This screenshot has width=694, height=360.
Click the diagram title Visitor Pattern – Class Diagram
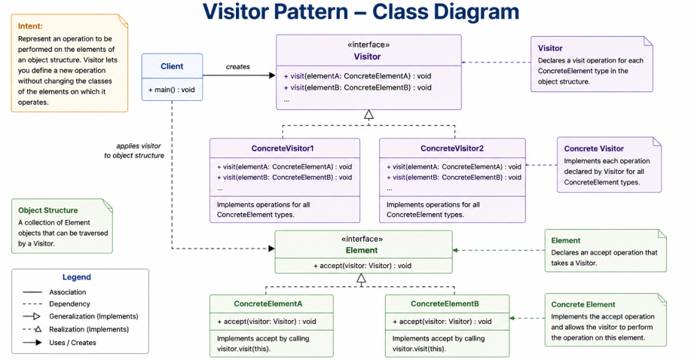click(361, 11)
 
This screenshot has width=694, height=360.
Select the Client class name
click(172, 66)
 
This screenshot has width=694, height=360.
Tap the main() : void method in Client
click(171, 90)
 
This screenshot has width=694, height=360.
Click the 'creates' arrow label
click(237, 67)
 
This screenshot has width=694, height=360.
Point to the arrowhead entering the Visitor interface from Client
click(272, 75)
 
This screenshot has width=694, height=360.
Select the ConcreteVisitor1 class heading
click(283, 148)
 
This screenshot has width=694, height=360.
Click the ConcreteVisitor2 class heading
click(452, 148)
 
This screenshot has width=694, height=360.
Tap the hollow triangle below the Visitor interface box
click(368, 115)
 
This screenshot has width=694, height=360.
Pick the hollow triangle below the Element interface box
click(361, 279)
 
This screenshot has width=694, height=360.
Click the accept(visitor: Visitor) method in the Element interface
click(362, 266)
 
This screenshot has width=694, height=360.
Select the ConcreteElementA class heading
click(268, 304)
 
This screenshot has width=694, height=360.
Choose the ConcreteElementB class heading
click(445, 304)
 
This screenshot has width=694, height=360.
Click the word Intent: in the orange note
click(30, 26)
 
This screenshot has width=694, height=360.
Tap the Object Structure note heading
click(47, 211)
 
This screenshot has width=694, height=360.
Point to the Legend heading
click(77, 277)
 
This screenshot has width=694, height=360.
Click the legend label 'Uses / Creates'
click(72, 343)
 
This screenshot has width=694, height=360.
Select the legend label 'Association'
click(68, 292)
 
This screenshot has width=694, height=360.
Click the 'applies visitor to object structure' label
click(134, 151)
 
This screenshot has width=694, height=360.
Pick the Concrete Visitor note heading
click(594, 148)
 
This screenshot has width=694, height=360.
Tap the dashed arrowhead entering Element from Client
click(271, 249)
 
